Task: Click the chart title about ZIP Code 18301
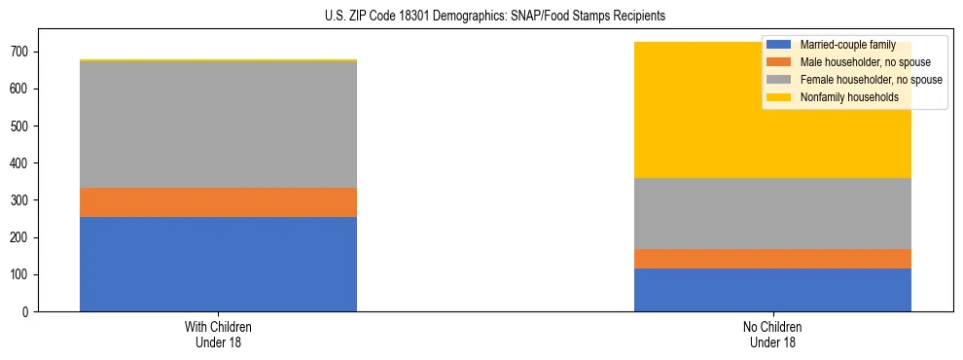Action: pyautogui.click(x=495, y=17)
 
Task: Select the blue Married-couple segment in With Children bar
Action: pyautogui.click(x=218, y=264)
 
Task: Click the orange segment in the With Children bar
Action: pyautogui.click(x=218, y=201)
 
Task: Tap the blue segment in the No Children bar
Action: pyautogui.click(x=772, y=290)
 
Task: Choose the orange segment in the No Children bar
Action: pyautogui.click(x=772, y=259)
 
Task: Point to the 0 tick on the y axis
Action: pyautogui.click(x=27, y=312)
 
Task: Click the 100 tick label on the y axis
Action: pyautogui.click(x=21, y=275)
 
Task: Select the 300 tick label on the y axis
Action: pyautogui.click(x=21, y=200)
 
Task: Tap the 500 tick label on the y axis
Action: pyautogui.click(x=21, y=126)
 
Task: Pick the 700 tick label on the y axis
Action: pyautogui.click(x=21, y=53)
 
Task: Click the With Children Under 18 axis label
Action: pyautogui.click(x=218, y=334)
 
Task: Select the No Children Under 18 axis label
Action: pyautogui.click(x=772, y=334)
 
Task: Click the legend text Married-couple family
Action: pyautogui.click(x=848, y=45)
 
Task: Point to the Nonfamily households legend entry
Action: pyautogui.click(x=848, y=97)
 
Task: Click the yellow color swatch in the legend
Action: pyautogui.click(x=779, y=97)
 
